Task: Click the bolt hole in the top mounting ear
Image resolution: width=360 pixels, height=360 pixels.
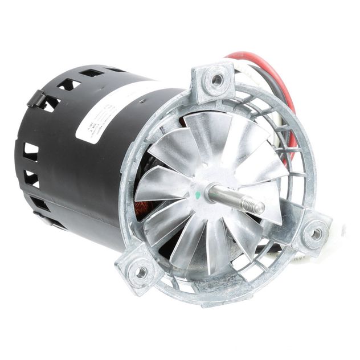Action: tap(216, 79)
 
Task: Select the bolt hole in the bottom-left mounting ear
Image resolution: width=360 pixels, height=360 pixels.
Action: tap(139, 272)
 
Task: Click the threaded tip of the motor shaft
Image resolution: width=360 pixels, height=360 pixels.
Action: tap(256, 206)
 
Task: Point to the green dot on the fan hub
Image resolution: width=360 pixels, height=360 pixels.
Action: tap(198, 194)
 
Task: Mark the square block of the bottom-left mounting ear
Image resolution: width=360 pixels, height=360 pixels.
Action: tap(137, 268)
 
